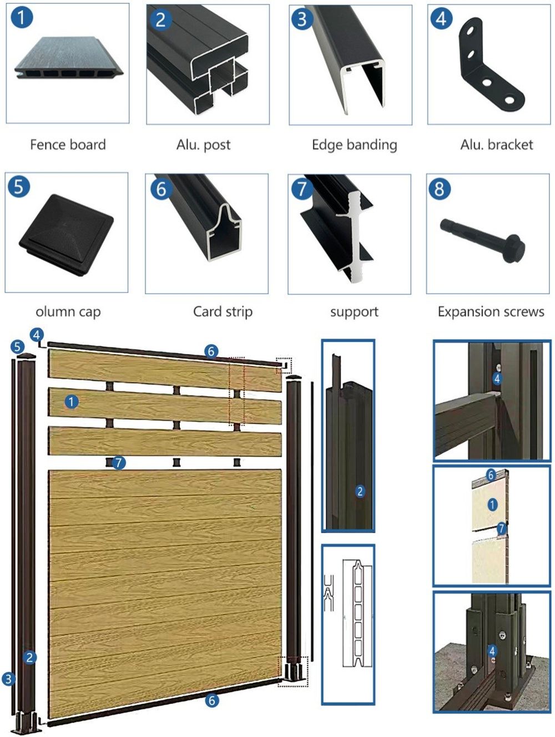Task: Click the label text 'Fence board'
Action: (68, 145)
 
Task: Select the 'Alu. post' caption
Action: (203, 145)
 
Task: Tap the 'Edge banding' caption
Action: (354, 145)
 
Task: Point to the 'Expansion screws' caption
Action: (491, 312)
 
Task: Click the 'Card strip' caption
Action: (223, 312)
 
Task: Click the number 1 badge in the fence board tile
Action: (22, 17)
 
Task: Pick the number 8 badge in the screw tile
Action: (439, 189)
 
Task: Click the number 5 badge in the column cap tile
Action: (19, 186)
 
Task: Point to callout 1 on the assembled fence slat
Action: (71, 401)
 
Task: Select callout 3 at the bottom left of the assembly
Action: (8, 679)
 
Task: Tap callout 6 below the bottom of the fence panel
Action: (211, 700)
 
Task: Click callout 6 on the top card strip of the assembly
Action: (211, 351)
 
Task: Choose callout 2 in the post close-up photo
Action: (360, 491)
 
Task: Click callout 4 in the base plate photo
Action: (492, 650)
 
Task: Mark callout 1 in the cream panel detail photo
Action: (492, 504)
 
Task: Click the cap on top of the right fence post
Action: (294, 378)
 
